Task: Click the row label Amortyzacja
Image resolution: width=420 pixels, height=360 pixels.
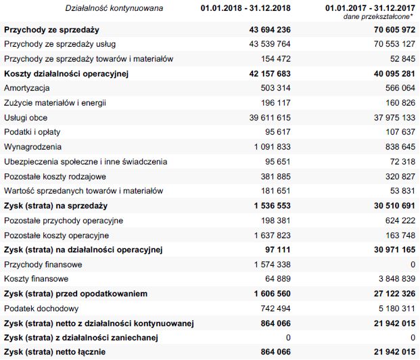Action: click(x=26, y=88)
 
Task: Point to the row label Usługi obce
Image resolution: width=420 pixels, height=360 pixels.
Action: click(x=26, y=118)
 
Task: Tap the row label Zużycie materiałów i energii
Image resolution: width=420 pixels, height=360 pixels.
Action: click(x=55, y=103)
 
